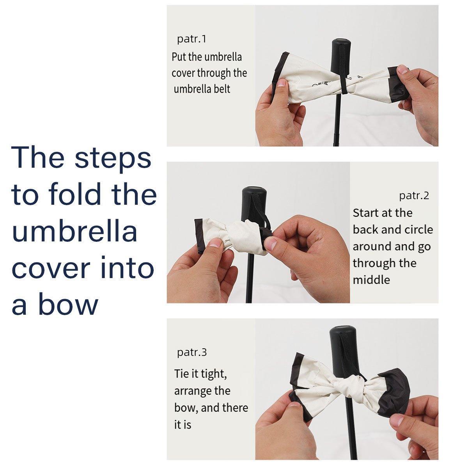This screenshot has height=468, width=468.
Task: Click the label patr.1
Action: [191, 39]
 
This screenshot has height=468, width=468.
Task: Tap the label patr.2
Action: [414, 195]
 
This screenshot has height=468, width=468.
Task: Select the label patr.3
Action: [192, 352]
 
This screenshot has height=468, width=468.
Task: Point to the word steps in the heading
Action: [113, 160]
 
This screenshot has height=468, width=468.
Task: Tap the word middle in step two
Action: [371, 280]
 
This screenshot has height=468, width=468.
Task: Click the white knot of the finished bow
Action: [346, 386]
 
